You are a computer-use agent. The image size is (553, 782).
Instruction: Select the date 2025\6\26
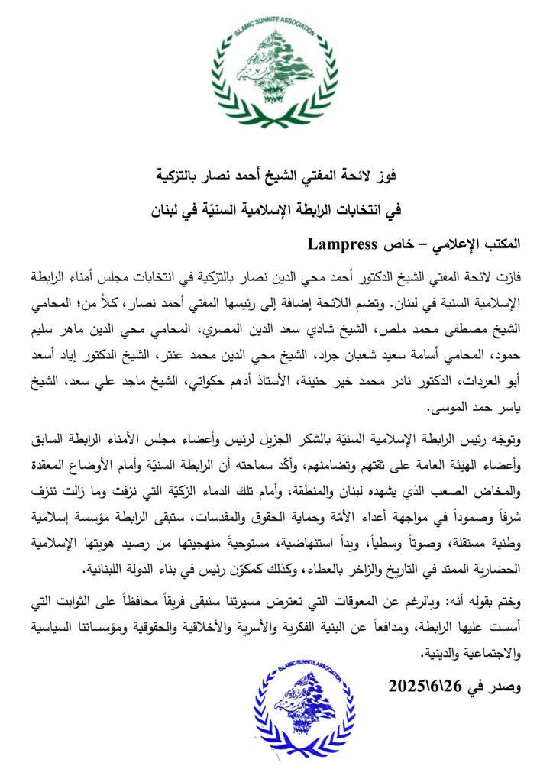(422, 687)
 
